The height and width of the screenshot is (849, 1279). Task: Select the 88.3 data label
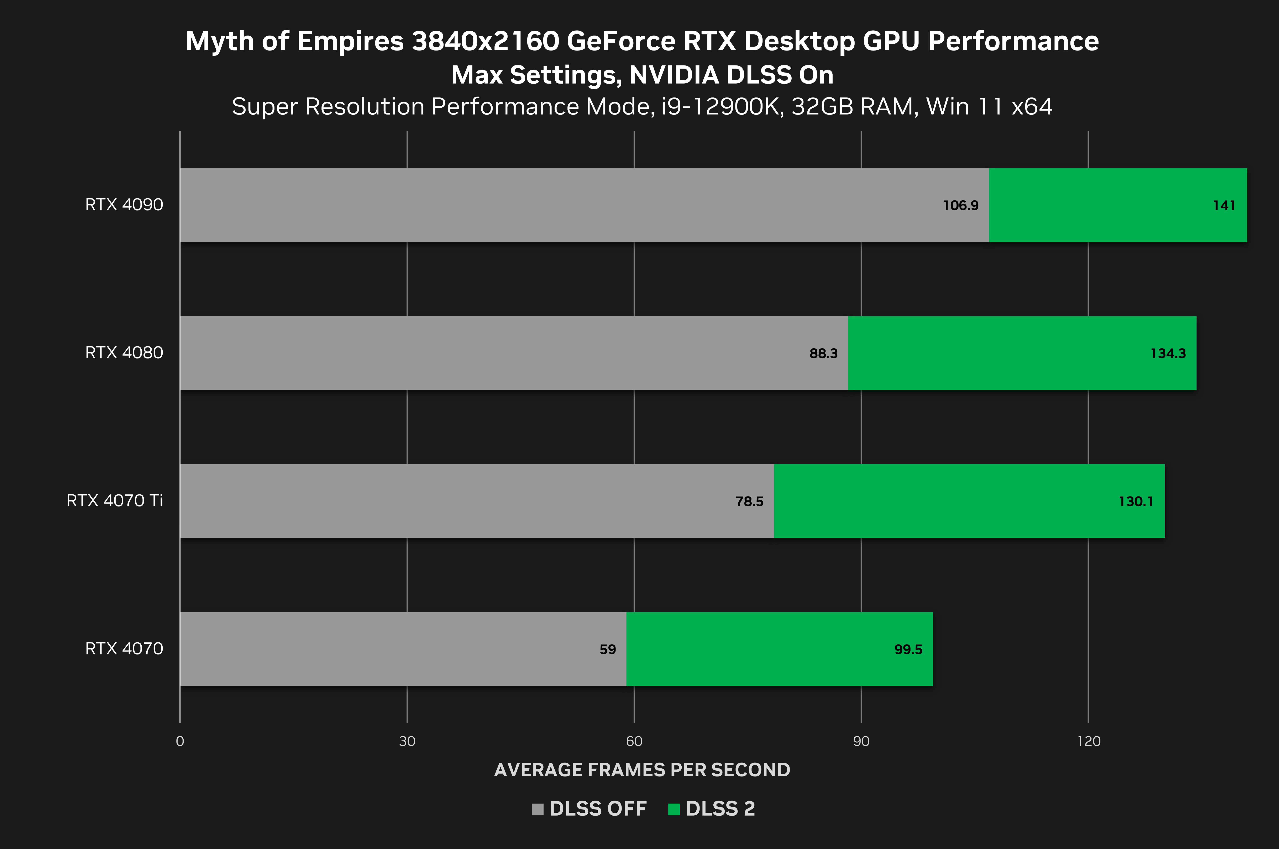click(823, 354)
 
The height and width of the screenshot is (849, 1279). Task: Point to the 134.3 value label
click(1168, 354)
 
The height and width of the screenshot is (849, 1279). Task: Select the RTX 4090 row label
click(124, 205)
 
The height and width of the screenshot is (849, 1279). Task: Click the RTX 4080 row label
click(124, 352)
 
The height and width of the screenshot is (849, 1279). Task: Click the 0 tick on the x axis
click(180, 741)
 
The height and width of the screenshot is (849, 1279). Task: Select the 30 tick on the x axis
click(407, 741)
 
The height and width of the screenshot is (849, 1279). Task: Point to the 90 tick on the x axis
click(861, 741)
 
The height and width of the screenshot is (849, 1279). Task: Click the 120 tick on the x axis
click(1088, 741)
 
